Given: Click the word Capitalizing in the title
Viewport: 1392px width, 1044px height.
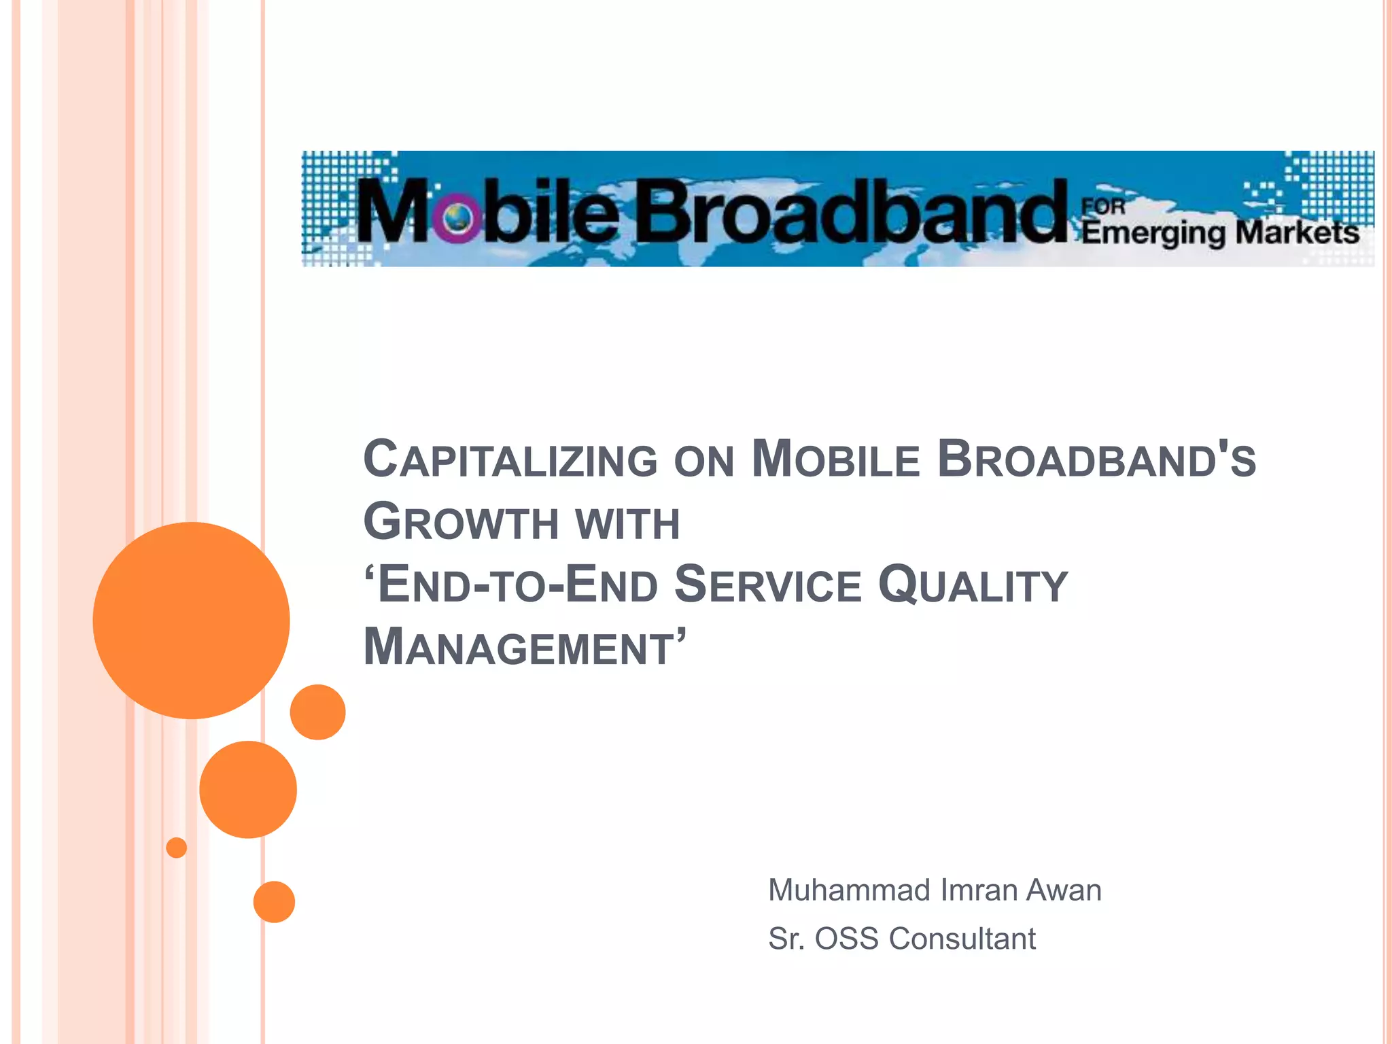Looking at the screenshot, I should click(x=510, y=459).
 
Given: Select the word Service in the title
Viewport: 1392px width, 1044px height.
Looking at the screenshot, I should click(x=767, y=585).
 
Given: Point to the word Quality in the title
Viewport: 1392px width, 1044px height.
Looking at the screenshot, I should click(x=973, y=586).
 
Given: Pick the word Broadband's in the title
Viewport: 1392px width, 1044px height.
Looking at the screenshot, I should click(x=1096, y=459).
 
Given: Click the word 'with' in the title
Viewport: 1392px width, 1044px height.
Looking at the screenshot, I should click(x=627, y=523).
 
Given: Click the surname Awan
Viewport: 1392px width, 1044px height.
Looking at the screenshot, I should click(x=1064, y=890).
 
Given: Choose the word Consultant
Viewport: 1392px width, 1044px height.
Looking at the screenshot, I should click(x=962, y=939).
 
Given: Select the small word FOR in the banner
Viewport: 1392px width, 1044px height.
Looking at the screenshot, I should click(x=1103, y=206).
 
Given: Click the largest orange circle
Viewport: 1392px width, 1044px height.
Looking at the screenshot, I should click(x=191, y=620).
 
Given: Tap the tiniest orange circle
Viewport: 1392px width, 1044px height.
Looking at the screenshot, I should click(x=177, y=848).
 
